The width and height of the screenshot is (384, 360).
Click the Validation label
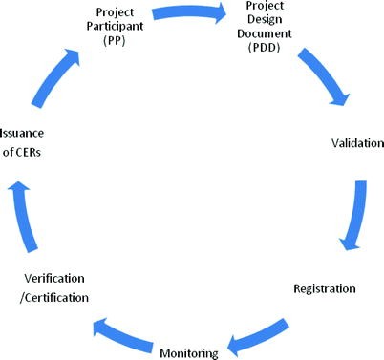357,143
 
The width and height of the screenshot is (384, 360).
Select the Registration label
324,287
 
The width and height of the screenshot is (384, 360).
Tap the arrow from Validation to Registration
355,216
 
